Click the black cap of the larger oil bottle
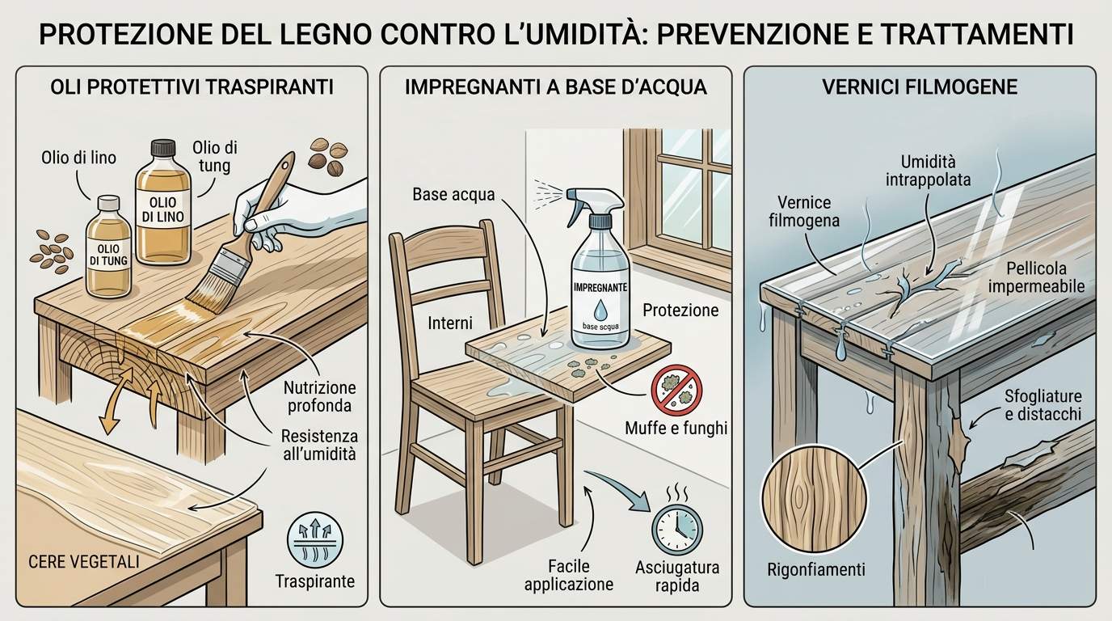[163, 147]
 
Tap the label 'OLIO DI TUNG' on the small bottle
[108, 255]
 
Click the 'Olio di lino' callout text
[78, 158]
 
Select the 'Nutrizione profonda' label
[320, 396]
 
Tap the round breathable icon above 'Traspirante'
[315, 540]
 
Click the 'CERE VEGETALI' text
[84, 562]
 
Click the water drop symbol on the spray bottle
[600, 310]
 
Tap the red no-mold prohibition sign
[676, 390]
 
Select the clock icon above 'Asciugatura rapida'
[677, 530]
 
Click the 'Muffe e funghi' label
[676, 428]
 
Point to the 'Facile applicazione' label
[569, 575]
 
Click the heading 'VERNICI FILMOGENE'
[920, 87]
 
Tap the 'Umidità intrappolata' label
[928, 171]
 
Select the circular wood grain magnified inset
[815, 499]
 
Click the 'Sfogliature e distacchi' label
[1043, 405]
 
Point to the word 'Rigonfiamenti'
[816, 569]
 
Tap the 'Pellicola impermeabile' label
[1036, 277]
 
